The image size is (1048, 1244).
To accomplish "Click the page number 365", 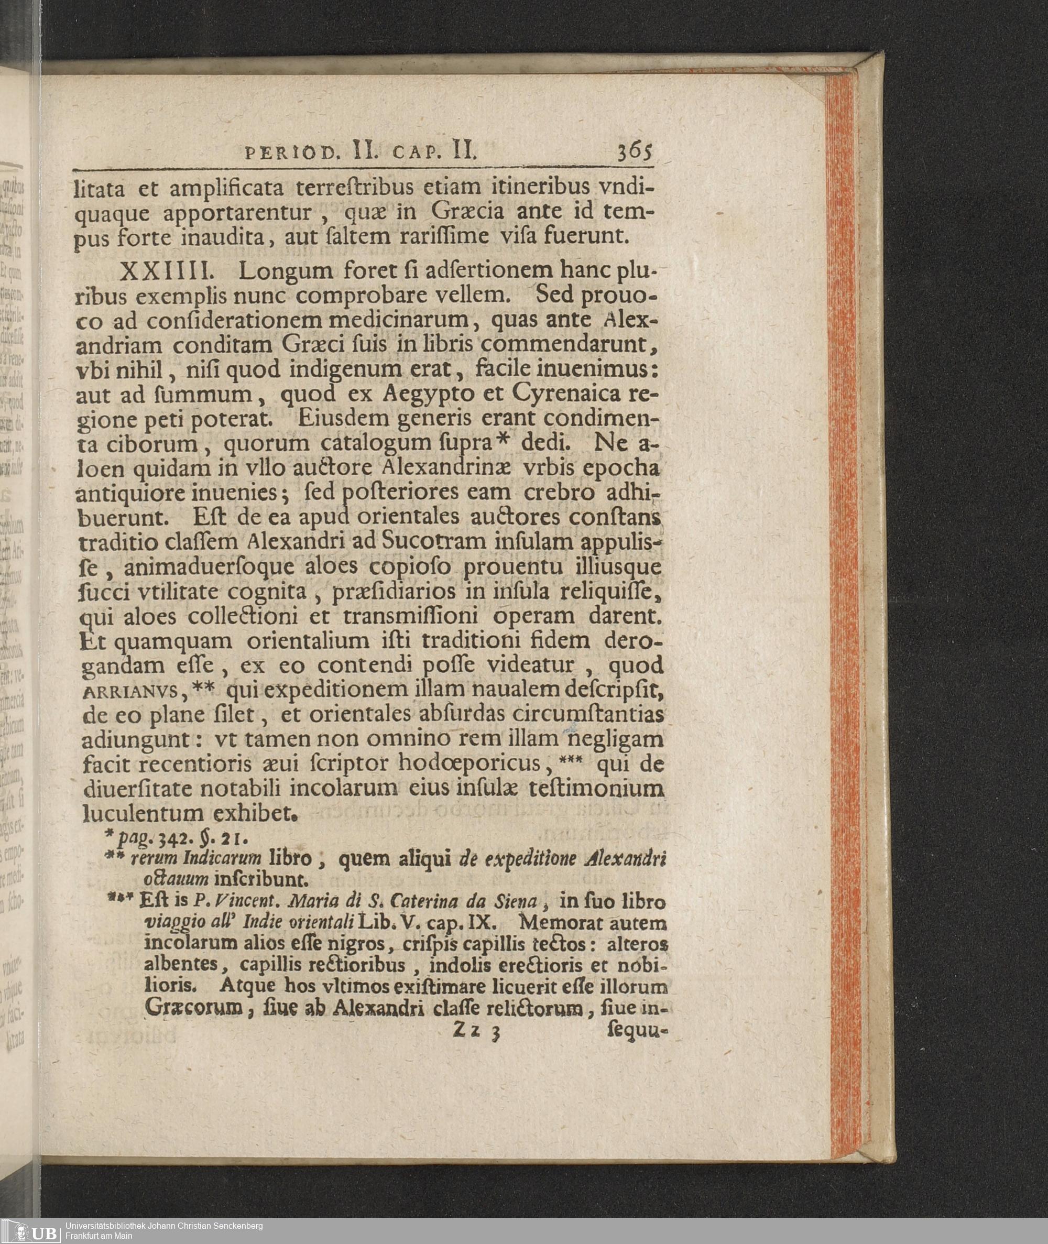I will [635, 152].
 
